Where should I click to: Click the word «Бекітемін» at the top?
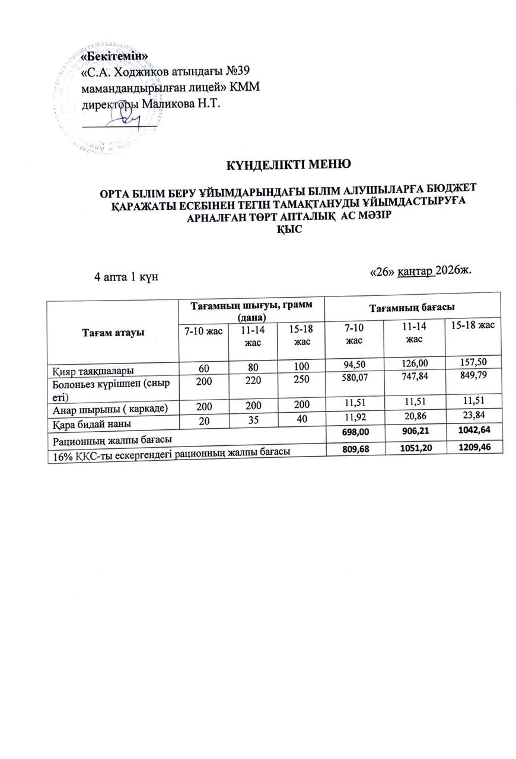[114, 56]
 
